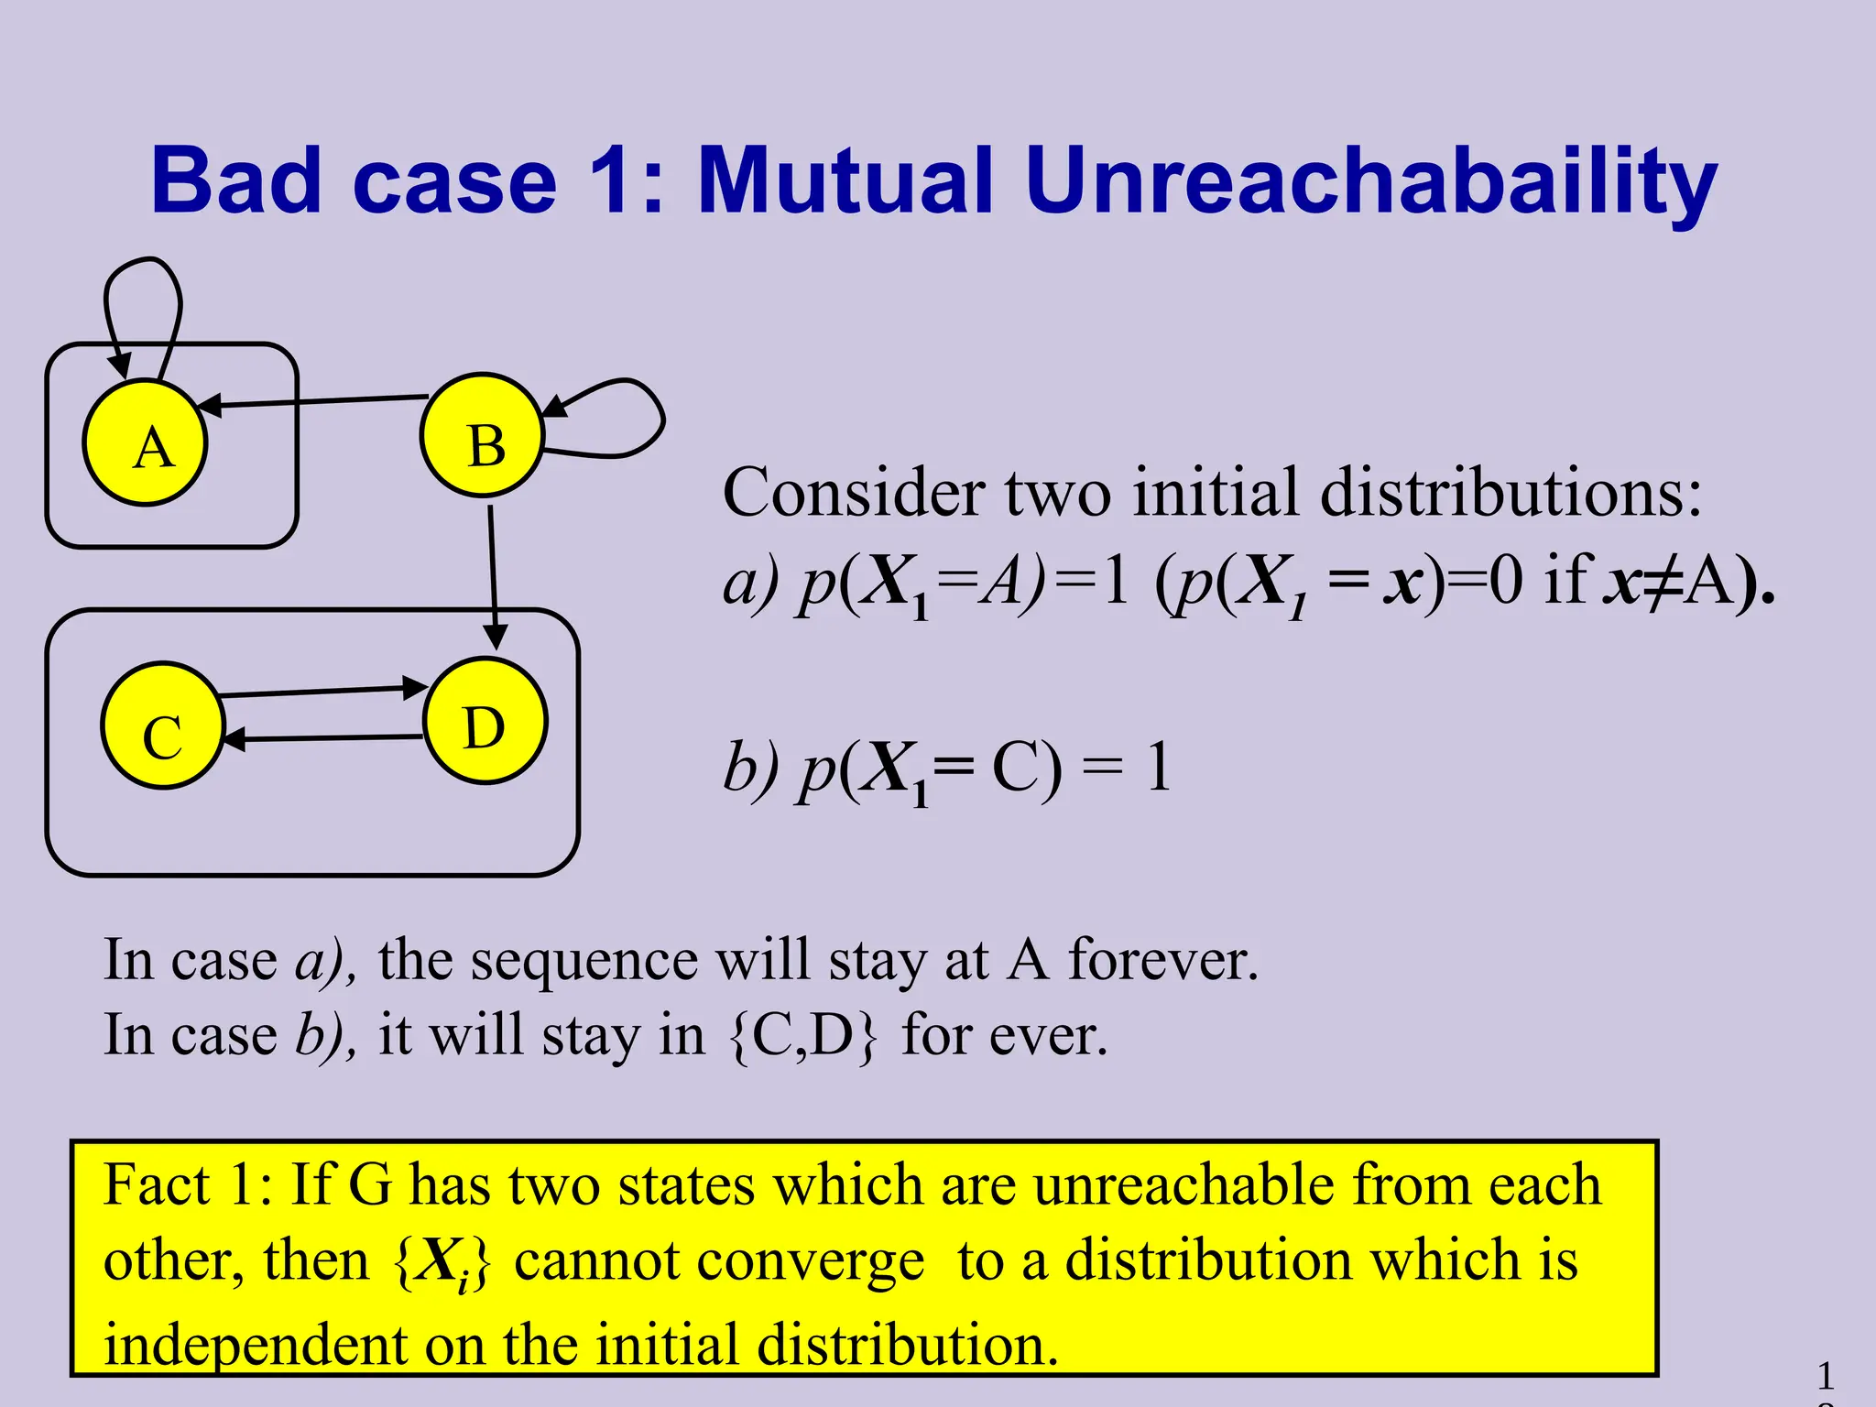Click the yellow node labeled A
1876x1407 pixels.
click(146, 443)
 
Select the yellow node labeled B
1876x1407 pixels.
click(483, 436)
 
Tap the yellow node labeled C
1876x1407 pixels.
click(163, 725)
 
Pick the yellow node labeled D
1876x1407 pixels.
click(485, 721)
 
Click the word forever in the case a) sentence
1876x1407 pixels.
click(1163, 960)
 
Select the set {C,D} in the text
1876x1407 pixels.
click(802, 1036)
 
